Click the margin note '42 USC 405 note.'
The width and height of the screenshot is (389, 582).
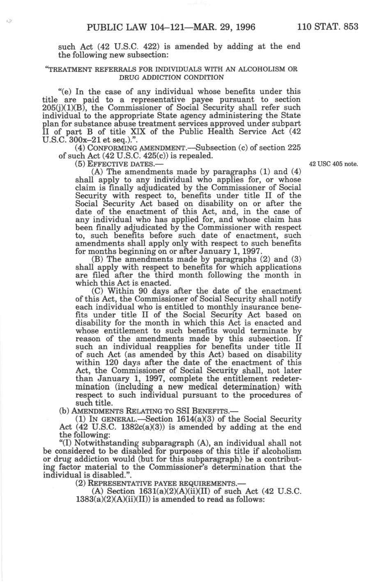[x=334, y=164]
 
